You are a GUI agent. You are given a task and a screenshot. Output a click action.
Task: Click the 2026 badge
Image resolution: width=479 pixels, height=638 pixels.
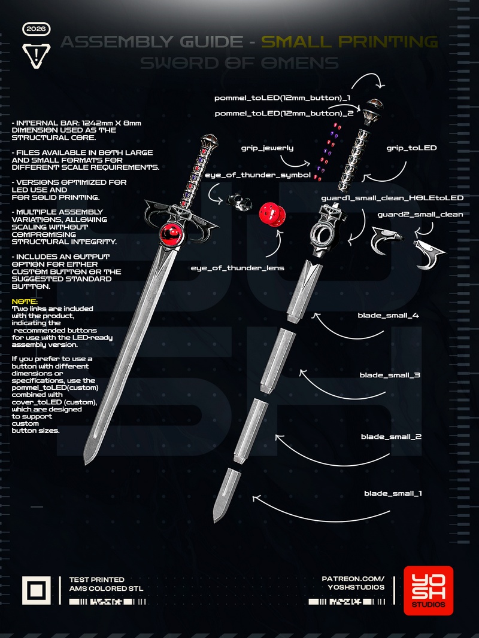coord(37,29)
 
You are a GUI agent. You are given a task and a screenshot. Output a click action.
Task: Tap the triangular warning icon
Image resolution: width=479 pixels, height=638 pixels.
coord(37,56)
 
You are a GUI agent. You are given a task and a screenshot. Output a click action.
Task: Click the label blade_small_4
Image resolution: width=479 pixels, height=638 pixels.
coord(388,315)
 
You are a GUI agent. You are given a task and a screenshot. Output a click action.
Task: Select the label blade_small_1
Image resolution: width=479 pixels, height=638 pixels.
coord(393,493)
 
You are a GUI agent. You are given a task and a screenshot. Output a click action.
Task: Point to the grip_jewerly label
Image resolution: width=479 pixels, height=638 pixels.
coord(267,147)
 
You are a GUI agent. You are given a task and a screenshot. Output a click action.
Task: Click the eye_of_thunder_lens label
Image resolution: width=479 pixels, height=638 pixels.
coord(237,268)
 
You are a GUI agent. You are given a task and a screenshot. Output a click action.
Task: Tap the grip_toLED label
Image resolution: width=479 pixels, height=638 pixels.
coord(411,147)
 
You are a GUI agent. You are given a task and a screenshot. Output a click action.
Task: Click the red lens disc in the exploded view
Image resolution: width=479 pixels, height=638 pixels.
coord(271,214)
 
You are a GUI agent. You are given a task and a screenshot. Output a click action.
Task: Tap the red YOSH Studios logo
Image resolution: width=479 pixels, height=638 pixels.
coord(428,591)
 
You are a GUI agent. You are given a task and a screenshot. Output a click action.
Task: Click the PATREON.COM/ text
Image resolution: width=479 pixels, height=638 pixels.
coord(353,579)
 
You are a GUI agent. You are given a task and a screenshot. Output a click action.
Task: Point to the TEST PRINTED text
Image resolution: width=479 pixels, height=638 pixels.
coord(97,579)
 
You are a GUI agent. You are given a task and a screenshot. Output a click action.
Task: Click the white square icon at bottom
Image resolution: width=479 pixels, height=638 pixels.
coord(37,591)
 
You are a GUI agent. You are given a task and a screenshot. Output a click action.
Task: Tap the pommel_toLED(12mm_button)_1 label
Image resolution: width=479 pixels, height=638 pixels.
coord(283,97)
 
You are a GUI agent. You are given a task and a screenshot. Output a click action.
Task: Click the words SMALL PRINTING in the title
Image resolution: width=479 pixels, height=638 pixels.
coord(350,41)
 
